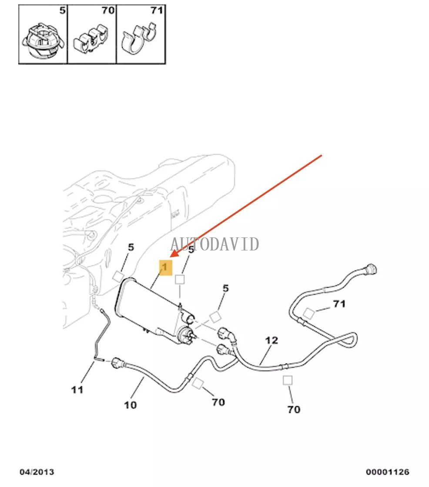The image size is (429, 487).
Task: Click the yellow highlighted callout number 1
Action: tap(165, 267)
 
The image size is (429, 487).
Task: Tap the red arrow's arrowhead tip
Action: tap(171, 257)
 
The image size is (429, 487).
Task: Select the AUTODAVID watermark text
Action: tap(214, 244)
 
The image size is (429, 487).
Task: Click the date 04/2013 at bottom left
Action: tap(37, 472)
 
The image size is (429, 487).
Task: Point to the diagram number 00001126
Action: tap(387, 472)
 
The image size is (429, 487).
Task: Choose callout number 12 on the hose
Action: tap(271, 340)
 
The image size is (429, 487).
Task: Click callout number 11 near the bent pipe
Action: tap(77, 390)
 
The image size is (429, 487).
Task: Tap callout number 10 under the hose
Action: tap(130, 405)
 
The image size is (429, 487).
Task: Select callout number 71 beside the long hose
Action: tap(339, 304)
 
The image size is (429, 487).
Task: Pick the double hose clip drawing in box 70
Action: tap(91, 39)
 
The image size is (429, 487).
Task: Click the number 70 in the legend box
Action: tap(108, 10)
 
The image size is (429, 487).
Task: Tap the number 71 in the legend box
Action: tap(157, 10)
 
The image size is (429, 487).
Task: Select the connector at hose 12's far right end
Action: tap(371, 269)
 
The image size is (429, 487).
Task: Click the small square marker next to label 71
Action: tap(308, 313)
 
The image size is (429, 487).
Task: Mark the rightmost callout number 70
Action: tap(294, 409)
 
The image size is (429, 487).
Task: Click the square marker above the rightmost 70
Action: tap(288, 380)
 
